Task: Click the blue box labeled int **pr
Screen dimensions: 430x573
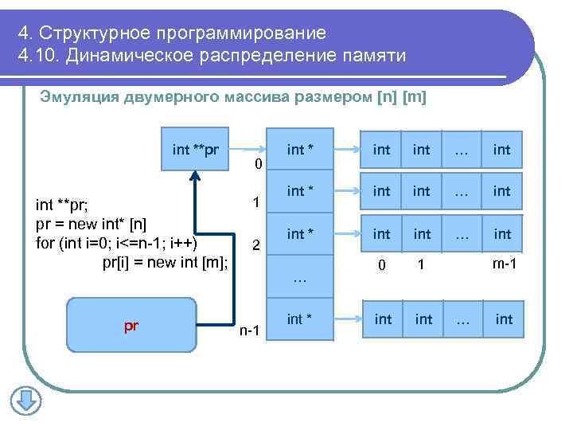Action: tap(195, 149)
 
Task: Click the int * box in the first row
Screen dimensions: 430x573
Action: tap(300, 149)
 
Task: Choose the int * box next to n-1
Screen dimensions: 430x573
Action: tap(300, 319)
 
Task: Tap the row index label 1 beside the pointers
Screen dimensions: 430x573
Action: tap(254, 202)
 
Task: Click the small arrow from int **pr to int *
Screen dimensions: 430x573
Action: tap(249, 149)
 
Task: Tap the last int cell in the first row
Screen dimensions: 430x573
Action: tap(502, 149)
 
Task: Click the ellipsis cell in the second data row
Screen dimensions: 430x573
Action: tap(462, 191)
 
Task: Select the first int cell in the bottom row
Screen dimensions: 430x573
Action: tap(383, 319)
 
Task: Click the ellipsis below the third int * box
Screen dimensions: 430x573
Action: tap(299, 279)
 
